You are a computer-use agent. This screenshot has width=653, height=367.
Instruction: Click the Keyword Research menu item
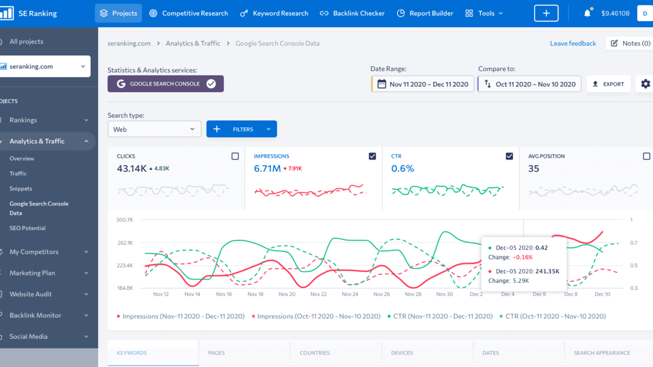pos(274,13)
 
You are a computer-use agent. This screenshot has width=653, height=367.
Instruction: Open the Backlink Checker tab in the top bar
pos(352,13)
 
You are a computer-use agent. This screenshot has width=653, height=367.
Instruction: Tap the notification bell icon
pos(588,13)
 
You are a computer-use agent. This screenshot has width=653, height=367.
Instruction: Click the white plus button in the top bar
pos(546,13)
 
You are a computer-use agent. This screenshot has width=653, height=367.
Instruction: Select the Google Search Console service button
pos(165,84)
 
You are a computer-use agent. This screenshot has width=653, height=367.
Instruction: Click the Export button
pos(609,84)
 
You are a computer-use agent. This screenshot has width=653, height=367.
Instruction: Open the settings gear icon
pos(645,84)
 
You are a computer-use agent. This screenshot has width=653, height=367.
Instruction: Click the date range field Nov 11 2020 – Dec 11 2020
pos(423,84)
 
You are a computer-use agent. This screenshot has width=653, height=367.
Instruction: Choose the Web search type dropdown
pos(154,129)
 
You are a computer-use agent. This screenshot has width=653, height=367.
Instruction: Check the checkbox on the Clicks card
pos(235,156)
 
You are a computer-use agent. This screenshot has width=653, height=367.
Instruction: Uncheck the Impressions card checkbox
pos(372,156)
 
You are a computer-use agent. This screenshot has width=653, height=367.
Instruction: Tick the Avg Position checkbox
pos(646,156)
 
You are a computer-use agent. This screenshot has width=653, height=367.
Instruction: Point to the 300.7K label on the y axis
pos(124,220)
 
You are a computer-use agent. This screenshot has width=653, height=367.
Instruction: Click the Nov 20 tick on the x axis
pos(287,294)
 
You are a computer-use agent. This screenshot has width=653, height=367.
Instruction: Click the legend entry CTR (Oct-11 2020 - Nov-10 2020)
pos(553,316)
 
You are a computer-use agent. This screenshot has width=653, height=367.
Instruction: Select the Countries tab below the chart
pos(315,353)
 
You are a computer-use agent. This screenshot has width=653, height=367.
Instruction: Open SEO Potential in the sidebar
pos(27,228)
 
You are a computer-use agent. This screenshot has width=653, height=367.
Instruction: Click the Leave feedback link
pos(573,43)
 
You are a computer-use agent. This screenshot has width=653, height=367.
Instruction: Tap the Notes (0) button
pos(630,43)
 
